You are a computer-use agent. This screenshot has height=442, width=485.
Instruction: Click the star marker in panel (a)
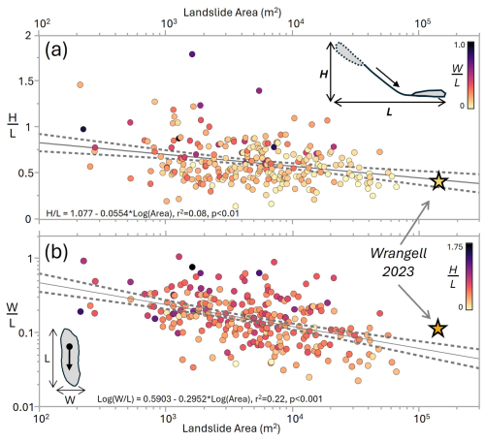click(x=438, y=181)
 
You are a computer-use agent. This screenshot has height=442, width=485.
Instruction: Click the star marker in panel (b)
click(x=437, y=330)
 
